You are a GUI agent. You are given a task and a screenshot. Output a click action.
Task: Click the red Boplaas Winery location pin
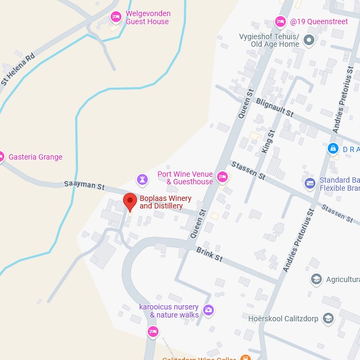(x=130, y=202)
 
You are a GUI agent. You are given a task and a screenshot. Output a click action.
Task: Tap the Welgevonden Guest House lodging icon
(x=116, y=17)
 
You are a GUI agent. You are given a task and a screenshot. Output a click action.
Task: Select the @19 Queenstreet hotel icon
(x=280, y=21)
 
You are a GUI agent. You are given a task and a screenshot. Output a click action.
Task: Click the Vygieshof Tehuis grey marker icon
(x=308, y=40)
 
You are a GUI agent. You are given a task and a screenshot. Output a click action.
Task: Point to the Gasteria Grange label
(x=35, y=157)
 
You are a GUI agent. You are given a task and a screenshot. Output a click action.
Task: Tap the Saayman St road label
(x=84, y=185)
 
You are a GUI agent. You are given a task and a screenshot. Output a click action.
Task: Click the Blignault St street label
(x=275, y=107)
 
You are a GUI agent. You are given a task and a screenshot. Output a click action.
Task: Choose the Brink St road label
(x=210, y=254)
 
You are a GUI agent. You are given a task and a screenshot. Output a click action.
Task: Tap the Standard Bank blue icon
(x=309, y=184)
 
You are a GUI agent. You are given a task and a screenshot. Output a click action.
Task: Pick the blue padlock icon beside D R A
(x=333, y=148)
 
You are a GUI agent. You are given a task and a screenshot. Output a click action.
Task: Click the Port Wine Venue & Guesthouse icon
(x=222, y=177)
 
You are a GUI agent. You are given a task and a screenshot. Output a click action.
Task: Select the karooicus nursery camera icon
(x=208, y=310)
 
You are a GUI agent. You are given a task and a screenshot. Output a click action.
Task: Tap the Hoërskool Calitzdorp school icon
(x=328, y=318)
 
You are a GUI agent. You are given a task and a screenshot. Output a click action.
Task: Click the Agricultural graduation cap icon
(x=316, y=279)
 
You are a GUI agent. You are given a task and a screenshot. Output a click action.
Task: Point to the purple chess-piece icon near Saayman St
(x=142, y=178)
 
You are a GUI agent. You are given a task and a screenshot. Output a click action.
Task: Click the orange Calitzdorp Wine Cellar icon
(x=245, y=357)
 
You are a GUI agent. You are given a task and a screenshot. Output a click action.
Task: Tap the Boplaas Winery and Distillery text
(x=165, y=202)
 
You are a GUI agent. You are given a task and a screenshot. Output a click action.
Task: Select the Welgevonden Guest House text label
(x=148, y=18)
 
